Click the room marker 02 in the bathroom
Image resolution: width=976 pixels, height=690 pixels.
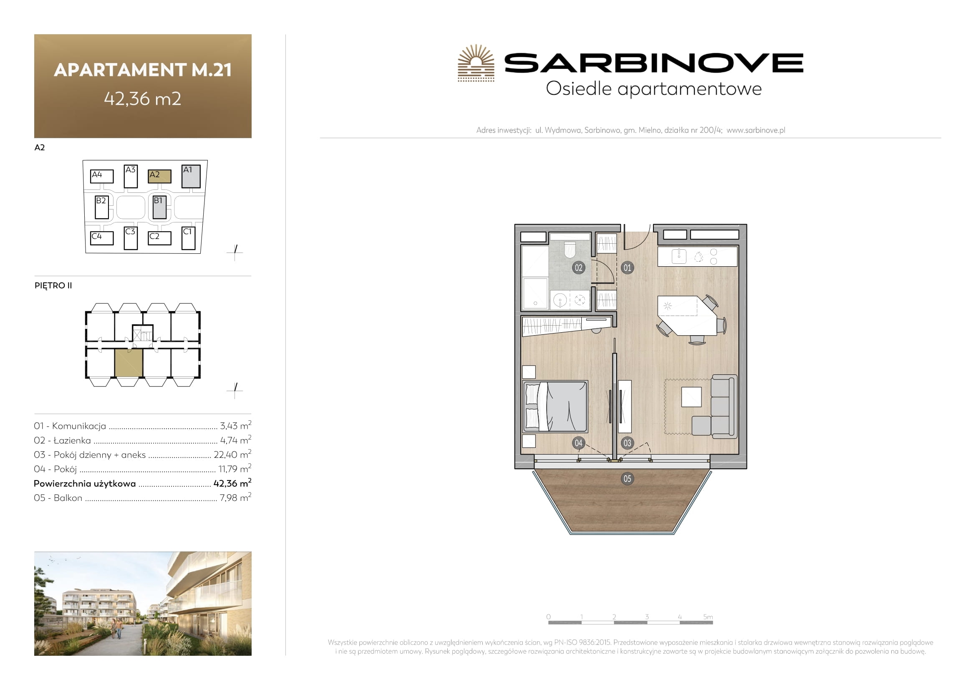tap(578, 268)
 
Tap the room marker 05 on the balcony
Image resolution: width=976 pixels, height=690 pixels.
tap(627, 479)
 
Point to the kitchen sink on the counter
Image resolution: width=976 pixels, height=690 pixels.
tap(679, 256)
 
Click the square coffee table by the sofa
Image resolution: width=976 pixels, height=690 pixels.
tap(691, 397)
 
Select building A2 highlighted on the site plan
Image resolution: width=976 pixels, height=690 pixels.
tap(159, 176)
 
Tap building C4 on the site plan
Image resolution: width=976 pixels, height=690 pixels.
tap(102, 238)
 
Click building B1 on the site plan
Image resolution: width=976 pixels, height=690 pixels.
tap(159, 207)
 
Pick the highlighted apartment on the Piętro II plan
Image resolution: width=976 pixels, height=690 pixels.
tap(129, 363)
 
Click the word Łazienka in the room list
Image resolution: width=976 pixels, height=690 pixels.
tap(72, 440)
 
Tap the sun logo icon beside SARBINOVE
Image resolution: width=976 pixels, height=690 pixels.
tap(476, 63)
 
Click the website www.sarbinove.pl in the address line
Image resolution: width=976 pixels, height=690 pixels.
tap(756, 130)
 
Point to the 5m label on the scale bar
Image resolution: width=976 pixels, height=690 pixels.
tap(708, 617)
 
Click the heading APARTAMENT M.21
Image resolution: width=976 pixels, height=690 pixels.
tap(143, 70)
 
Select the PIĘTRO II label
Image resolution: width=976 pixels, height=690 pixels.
tap(53, 285)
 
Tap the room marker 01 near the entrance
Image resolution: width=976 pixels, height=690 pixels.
tap(627, 268)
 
